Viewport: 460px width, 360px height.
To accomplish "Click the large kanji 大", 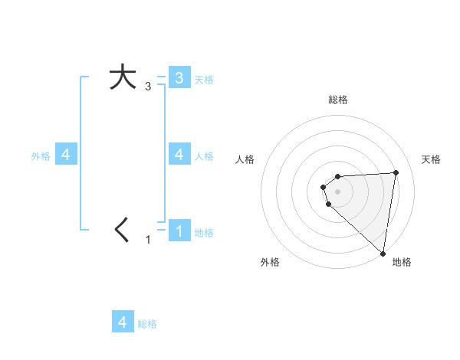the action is click(x=122, y=77).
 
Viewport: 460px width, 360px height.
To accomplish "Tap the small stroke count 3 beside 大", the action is click(x=148, y=87).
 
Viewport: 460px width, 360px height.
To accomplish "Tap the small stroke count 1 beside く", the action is click(x=148, y=240).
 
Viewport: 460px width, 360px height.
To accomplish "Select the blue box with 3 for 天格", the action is click(x=179, y=77).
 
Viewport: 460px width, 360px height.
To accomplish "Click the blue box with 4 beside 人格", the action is click(x=179, y=155).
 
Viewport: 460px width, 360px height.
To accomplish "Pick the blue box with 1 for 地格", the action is click(x=179, y=231).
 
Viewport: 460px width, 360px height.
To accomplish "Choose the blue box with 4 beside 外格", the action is click(x=66, y=155).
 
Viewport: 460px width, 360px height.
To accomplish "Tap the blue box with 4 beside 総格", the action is click(x=123, y=322).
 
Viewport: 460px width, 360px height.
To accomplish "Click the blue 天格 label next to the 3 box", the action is click(x=204, y=79).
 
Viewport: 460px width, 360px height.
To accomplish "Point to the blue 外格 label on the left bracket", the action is click(x=41, y=156).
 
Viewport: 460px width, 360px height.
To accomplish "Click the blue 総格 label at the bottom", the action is click(x=147, y=324).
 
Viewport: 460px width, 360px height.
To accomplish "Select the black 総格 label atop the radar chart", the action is click(x=338, y=100).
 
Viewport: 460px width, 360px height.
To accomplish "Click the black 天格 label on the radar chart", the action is click(x=431, y=159).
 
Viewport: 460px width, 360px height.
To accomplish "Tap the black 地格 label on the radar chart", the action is click(x=402, y=262).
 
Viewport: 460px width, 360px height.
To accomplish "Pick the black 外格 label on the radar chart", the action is click(x=270, y=262).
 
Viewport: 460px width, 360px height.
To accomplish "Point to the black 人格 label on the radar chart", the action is click(x=245, y=159).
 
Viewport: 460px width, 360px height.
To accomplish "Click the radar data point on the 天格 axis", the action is click(x=396, y=172).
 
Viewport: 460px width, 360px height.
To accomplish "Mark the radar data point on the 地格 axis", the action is click(x=383, y=253).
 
